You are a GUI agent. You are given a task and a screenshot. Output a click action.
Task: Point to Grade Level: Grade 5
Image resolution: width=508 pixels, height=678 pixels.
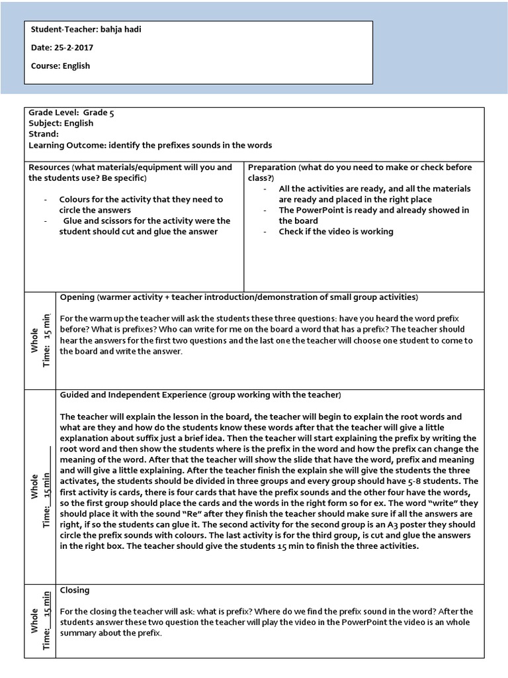pyautogui.click(x=71, y=113)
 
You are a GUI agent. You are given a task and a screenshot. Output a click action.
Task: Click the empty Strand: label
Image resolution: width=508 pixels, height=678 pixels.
pyautogui.click(x=44, y=134)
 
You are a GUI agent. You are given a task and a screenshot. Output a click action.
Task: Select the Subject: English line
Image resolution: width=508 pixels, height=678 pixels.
pyautogui.click(x=61, y=123)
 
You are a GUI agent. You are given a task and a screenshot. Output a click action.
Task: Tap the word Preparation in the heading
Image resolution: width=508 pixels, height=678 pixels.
pyautogui.click(x=272, y=168)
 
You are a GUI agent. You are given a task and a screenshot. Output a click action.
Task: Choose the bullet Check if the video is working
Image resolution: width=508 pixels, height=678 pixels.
pyautogui.click(x=335, y=232)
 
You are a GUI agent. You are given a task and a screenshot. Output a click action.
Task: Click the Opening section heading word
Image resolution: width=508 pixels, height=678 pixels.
pyautogui.click(x=77, y=297)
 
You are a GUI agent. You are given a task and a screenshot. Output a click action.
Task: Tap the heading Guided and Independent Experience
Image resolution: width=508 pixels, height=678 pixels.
pyautogui.click(x=133, y=395)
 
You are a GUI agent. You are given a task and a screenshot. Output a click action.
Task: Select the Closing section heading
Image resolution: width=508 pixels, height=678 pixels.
pyautogui.click(x=75, y=590)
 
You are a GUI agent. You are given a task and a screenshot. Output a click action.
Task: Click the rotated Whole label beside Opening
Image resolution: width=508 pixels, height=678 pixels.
pyautogui.click(x=34, y=339)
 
